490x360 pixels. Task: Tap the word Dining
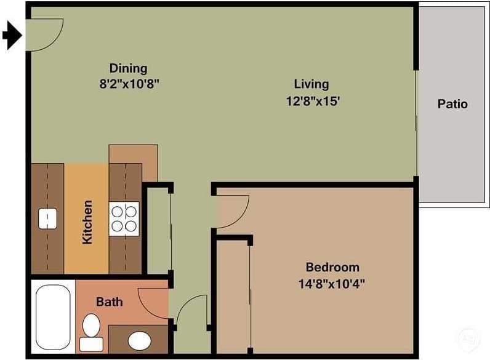point(128,68)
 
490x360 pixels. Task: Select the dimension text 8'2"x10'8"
point(130,84)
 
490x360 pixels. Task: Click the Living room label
point(311,84)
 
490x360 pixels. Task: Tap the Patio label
point(452,104)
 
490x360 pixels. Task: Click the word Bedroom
point(332,267)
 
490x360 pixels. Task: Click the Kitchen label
point(87,222)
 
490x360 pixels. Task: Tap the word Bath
point(109,302)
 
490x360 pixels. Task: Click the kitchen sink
point(47,218)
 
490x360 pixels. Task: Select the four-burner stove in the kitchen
point(124,218)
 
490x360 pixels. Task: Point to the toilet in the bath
point(92,331)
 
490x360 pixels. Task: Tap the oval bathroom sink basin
point(140,340)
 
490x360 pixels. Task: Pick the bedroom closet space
point(233,295)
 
